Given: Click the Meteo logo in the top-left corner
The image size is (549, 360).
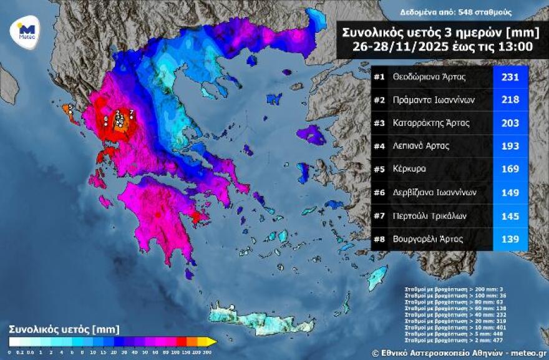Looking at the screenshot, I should [x=26, y=32].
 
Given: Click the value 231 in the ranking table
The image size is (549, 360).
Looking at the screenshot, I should [x=510, y=77].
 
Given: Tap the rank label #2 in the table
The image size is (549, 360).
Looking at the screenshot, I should [x=379, y=100].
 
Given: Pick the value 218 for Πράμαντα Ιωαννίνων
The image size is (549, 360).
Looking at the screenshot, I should [x=510, y=100].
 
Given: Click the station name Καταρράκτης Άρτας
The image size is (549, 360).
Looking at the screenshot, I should [x=430, y=123].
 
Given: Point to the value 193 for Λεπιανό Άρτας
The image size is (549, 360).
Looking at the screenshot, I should [x=510, y=146].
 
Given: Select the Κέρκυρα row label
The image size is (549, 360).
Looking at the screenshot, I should [x=410, y=169].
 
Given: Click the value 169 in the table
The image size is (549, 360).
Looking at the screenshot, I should [x=510, y=169].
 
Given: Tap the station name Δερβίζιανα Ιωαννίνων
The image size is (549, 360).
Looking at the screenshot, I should [x=434, y=192].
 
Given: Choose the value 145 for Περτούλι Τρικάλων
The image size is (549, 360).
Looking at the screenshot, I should [x=510, y=215].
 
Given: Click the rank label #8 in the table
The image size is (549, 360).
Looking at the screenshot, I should [x=379, y=238].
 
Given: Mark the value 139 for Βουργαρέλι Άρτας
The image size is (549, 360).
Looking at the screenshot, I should [x=510, y=238].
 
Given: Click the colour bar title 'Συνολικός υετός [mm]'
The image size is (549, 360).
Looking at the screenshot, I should [x=64, y=329].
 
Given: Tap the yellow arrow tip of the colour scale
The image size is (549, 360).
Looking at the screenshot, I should [x=212, y=341].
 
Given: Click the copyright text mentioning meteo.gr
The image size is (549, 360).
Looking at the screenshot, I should [x=459, y=353].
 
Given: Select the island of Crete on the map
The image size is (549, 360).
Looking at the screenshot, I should [x=262, y=318].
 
